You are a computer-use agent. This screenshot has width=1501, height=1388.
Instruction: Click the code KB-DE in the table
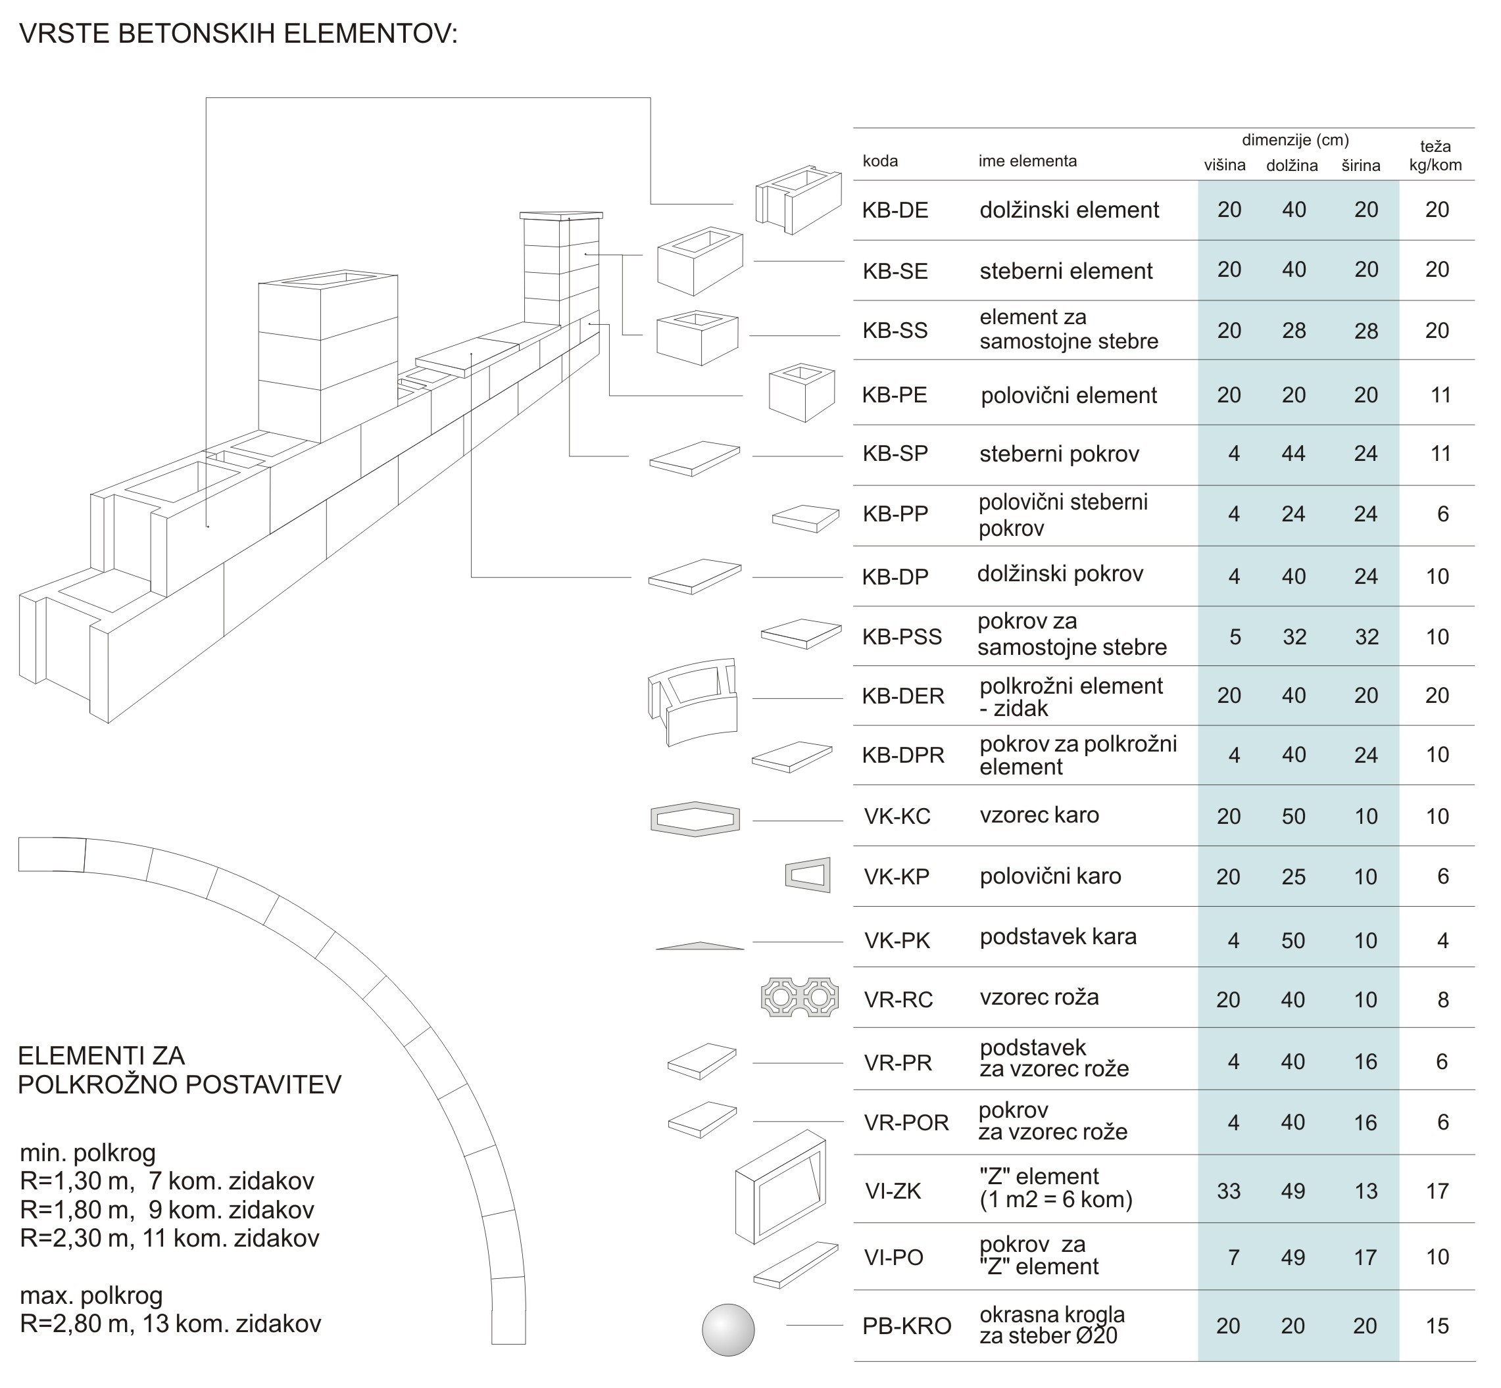pyautogui.click(x=895, y=210)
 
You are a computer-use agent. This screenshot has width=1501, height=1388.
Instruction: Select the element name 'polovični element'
pyautogui.click(x=1068, y=396)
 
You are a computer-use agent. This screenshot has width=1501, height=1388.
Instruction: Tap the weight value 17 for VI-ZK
pyautogui.click(x=1437, y=1191)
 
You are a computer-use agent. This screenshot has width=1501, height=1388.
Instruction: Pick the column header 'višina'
pyautogui.click(x=1225, y=165)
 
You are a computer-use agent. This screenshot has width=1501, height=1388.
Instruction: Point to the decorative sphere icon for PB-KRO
pyautogui.click(x=728, y=1330)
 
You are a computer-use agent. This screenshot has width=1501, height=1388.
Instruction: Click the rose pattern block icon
pyautogui.click(x=799, y=997)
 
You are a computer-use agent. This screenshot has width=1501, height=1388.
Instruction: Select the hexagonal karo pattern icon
pyautogui.click(x=695, y=819)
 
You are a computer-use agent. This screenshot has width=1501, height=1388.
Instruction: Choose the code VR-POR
pyautogui.click(x=906, y=1123)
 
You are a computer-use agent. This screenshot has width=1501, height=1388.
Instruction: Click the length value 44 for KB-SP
pyautogui.click(x=1293, y=454)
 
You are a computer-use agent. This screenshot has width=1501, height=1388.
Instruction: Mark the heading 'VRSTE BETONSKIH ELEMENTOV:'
pyautogui.click(x=238, y=34)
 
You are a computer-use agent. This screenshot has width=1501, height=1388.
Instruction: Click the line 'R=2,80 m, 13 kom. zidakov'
pyautogui.click(x=170, y=1324)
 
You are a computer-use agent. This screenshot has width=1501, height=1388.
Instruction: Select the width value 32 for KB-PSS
pyautogui.click(x=1367, y=637)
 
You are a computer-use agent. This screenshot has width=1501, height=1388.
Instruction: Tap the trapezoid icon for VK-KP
pyautogui.click(x=808, y=874)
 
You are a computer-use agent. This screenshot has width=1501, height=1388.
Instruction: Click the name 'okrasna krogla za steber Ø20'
pyautogui.click(x=1052, y=1325)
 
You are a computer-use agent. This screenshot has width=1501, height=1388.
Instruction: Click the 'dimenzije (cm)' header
pyautogui.click(x=1295, y=139)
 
